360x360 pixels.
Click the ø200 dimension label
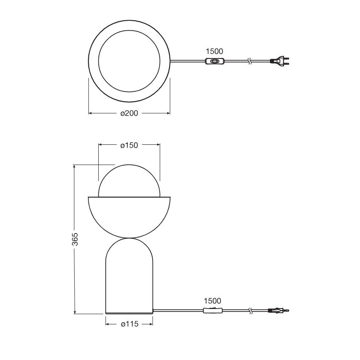click(x=129, y=113)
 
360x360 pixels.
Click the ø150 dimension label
click(x=129, y=145)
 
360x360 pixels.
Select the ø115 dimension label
click(x=129, y=324)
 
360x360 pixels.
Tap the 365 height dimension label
click(x=75, y=239)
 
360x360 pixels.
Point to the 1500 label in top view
click(x=214, y=51)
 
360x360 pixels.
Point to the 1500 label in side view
click(x=212, y=301)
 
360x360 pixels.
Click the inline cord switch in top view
click(x=215, y=62)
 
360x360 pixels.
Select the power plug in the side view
click(x=278, y=310)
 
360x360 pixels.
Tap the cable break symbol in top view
click(x=249, y=62)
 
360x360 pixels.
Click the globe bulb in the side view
click(x=129, y=180)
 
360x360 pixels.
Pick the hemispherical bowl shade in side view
click(x=129, y=216)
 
